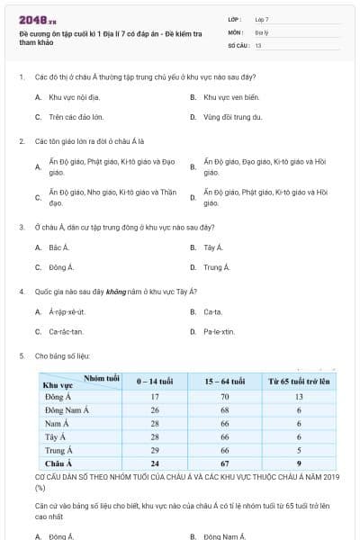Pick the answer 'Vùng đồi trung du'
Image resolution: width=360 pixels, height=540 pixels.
[x=232, y=117]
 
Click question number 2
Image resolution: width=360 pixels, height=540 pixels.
[x=21, y=142]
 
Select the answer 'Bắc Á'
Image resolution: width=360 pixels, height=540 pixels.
[x=58, y=247]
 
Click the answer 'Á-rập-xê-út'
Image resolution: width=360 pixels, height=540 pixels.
[x=67, y=311]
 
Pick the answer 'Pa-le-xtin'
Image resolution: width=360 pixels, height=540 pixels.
[x=219, y=332]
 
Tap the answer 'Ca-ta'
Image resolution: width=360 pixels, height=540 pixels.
[x=212, y=311]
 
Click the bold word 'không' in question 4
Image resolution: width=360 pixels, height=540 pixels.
[x=114, y=292]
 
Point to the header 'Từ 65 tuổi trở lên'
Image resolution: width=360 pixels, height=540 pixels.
[x=297, y=382]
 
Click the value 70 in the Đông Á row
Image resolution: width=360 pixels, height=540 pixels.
[x=226, y=396]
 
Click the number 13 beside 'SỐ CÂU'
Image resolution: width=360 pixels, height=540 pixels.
[x=258, y=44]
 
